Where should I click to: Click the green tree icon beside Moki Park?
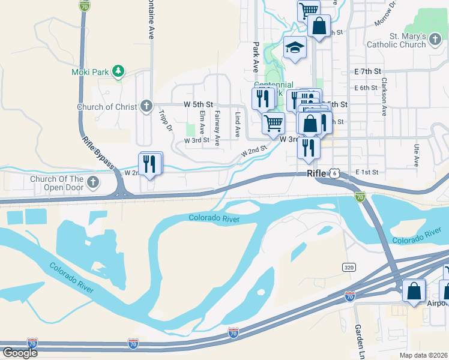click(119, 72)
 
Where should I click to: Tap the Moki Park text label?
click(90, 72)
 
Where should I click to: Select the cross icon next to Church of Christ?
click(146, 107)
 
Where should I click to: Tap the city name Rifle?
click(316, 173)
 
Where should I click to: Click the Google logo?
click(20, 353)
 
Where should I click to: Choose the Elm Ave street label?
click(202, 121)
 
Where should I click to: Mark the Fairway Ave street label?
click(217, 124)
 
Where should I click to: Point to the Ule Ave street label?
click(416, 155)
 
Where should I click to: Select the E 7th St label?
click(368, 71)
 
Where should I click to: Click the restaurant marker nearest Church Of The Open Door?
click(150, 164)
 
